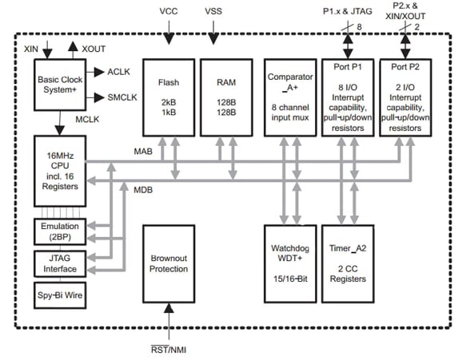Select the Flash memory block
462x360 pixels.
(168, 96)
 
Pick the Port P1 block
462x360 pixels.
(348, 96)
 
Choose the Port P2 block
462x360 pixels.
(410, 96)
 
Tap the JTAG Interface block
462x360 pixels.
(60, 262)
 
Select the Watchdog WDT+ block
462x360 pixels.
(289, 263)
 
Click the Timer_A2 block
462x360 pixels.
(348, 263)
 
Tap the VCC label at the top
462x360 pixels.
(169, 12)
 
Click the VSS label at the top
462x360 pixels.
(214, 12)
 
